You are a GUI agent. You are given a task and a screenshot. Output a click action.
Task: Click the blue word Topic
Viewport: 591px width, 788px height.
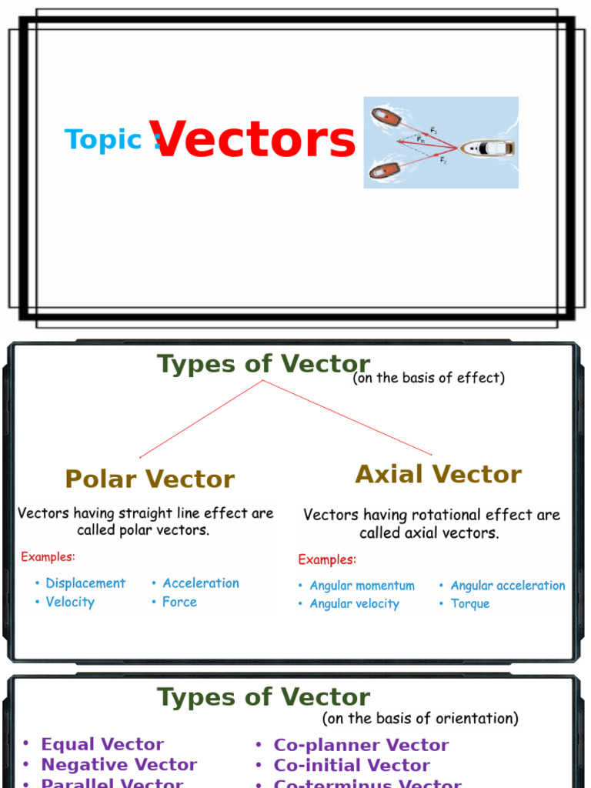point(104,139)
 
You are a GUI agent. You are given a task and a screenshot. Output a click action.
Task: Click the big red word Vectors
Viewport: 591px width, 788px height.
point(254,140)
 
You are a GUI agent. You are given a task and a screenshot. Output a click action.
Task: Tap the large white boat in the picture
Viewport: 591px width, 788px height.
point(488,148)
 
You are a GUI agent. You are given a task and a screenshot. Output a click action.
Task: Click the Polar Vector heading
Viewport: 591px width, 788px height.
point(150,479)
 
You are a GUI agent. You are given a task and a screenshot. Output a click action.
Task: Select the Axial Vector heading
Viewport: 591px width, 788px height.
point(438,474)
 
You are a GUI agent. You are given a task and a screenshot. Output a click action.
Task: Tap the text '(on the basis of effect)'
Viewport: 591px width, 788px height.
point(429,378)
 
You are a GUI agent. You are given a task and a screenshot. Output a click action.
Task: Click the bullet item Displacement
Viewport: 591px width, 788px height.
point(85,583)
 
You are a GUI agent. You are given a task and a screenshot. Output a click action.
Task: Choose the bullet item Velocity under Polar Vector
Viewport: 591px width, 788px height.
point(70,602)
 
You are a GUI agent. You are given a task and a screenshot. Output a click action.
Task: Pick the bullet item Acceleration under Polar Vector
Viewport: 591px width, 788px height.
point(201,583)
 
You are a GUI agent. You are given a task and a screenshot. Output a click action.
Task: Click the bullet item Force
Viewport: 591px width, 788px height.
point(179,602)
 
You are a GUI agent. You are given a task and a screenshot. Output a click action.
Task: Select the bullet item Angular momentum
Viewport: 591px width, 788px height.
point(362,586)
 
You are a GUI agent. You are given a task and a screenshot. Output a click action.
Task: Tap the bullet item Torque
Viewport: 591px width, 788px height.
point(469,603)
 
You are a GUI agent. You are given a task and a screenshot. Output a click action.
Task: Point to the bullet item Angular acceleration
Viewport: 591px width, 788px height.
point(508,586)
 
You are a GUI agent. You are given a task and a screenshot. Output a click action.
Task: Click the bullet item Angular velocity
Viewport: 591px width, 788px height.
point(354,603)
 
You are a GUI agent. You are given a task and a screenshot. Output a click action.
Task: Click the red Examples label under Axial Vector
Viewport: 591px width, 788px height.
point(327,559)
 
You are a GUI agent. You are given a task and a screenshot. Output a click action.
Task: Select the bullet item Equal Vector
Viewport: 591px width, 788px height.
point(102,744)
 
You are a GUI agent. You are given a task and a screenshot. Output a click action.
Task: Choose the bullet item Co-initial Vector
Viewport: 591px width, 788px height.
point(352,765)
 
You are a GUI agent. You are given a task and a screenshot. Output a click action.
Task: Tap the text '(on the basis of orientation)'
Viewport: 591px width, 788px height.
point(420,718)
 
